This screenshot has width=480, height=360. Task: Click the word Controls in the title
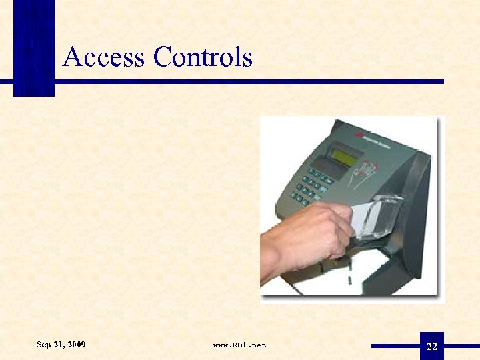point(203,57)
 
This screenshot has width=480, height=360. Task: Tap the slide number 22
point(432,347)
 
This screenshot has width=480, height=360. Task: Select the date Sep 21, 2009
point(61,345)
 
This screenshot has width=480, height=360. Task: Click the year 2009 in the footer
point(76,345)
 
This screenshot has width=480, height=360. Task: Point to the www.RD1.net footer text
point(239,345)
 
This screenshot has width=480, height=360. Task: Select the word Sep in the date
point(43,345)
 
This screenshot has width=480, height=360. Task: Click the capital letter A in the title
point(73,57)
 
